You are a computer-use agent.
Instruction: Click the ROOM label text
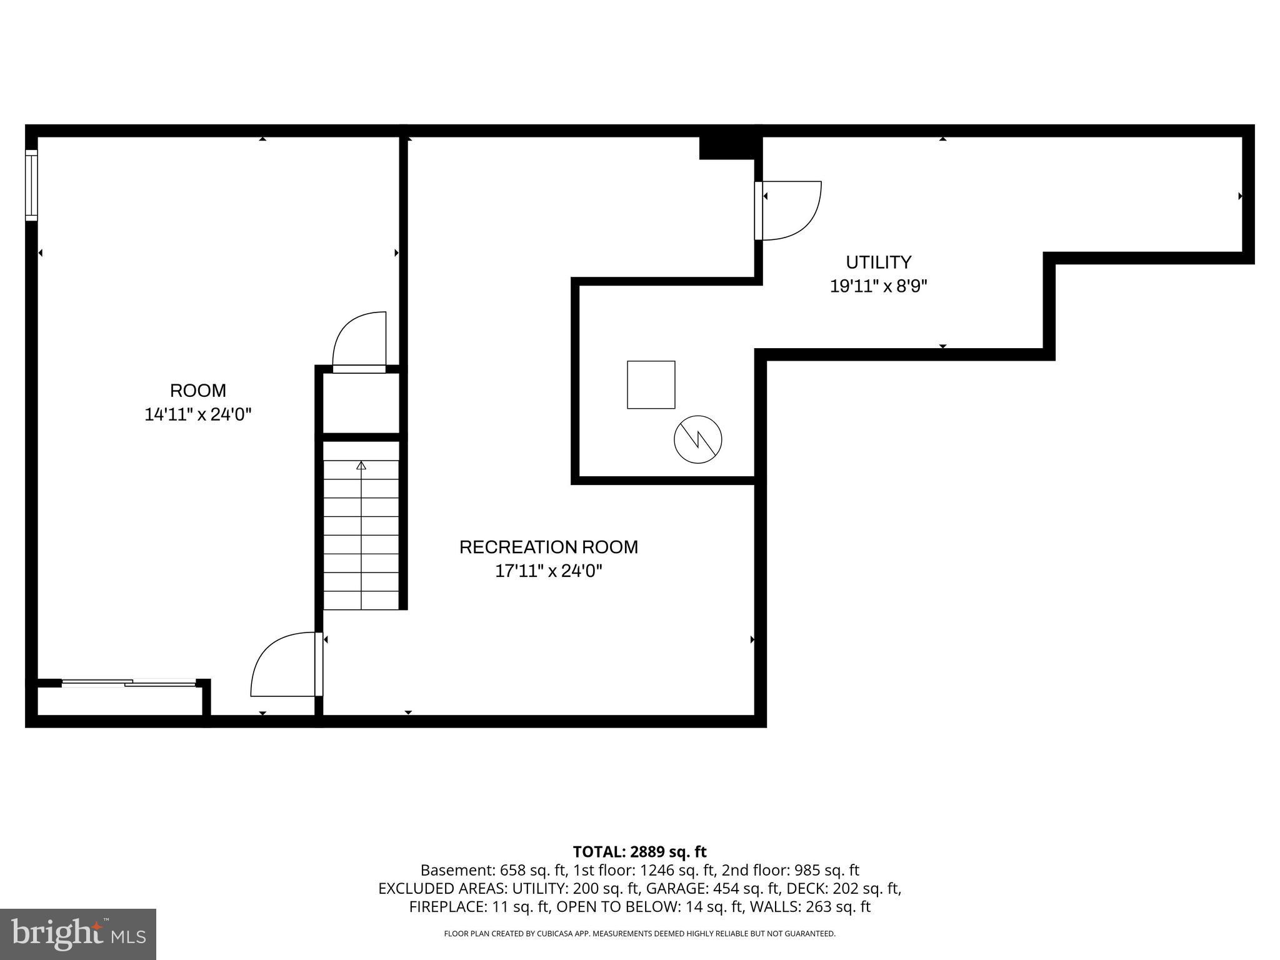[x=197, y=391]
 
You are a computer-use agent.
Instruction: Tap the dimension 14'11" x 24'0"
[x=197, y=414]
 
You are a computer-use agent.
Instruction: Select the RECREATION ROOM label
[x=548, y=547]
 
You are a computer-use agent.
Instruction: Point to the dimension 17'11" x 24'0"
[x=548, y=571]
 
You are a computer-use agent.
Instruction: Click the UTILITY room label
[x=878, y=262]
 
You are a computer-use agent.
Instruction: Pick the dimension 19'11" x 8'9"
[x=878, y=286]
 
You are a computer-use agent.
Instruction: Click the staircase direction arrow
[x=361, y=465]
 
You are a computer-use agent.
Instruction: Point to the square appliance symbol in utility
[x=651, y=384]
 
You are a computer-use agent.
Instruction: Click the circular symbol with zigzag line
[x=697, y=439]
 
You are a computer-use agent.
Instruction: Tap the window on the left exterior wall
[x=31, y=185]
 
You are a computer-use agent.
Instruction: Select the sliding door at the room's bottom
[x=129, y=682]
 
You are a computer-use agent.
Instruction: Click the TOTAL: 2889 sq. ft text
[x=639, y=852]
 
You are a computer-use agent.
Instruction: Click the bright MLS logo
[x=78, y=934]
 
